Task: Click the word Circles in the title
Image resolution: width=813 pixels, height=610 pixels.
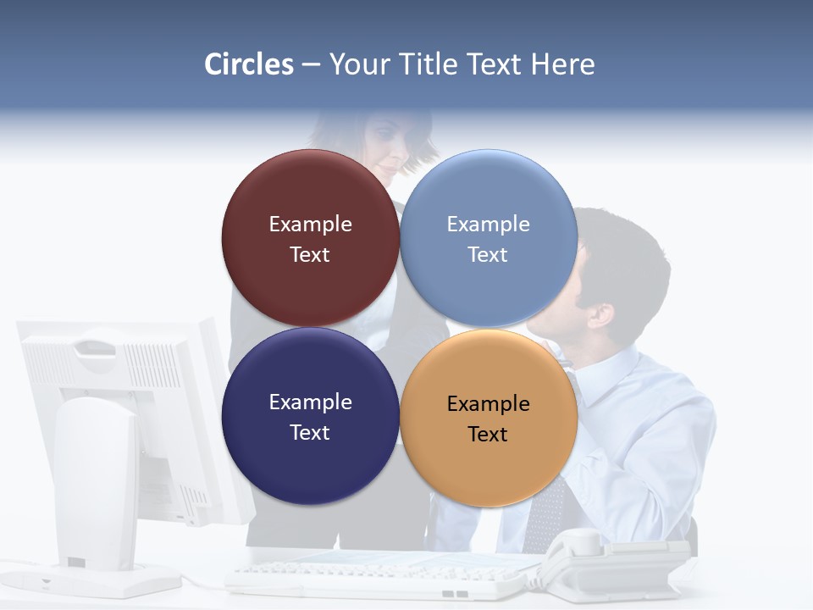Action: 248,64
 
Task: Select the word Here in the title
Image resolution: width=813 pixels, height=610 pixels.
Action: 562,64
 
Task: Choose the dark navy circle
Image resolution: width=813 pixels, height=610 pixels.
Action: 310,457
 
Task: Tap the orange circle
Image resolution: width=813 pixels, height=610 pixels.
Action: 489,462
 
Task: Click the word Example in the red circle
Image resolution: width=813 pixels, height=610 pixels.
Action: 310,224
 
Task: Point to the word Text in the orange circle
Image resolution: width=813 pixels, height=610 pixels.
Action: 488,434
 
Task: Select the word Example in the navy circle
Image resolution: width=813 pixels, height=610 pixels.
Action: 310,402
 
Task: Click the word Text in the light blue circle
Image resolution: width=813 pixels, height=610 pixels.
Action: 488,254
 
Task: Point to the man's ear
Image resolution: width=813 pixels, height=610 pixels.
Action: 601,315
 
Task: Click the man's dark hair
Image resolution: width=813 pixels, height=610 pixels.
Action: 627,254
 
